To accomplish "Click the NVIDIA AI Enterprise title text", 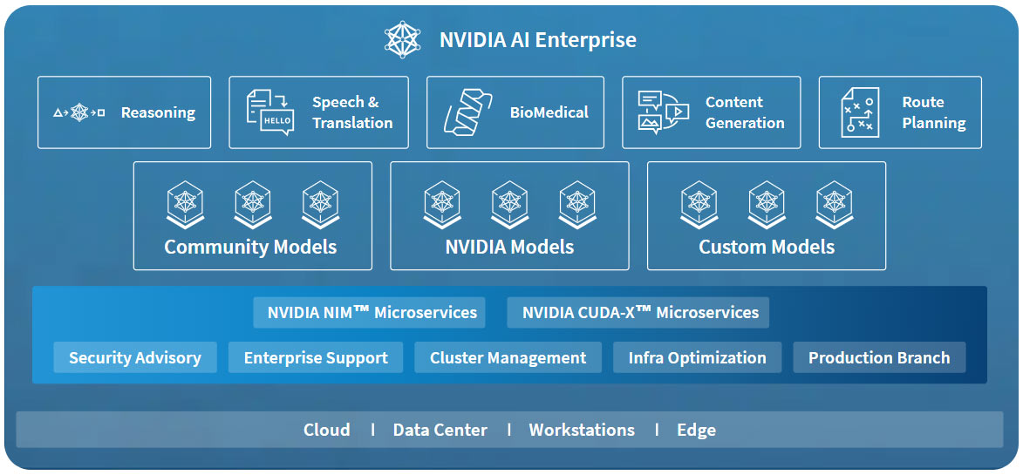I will (x=537, y=40).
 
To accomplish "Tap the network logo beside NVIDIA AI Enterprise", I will (x=404, y=40).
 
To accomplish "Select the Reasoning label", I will (x=158, y=112).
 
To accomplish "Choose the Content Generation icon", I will (x=663, y=112).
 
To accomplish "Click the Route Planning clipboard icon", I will (x=860, y=112).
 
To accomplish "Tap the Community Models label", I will (x=250, y=247).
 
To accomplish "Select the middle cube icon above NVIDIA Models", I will (x=509, y=204).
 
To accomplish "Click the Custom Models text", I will (x=767, y=247).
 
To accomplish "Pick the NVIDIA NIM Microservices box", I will (x=372, y=312).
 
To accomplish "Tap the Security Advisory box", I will (x=135, y=357).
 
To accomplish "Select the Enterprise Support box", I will (x=316, y=357).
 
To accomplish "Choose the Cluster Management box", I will (x=508, y=357).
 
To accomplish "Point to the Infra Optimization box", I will (x=697, y=357).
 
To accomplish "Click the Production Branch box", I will (x=879, y=357).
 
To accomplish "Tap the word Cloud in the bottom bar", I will (x=327, y=430).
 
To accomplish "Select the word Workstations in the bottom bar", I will (x=582, y=430).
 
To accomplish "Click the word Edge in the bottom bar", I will (x=696, y=430).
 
